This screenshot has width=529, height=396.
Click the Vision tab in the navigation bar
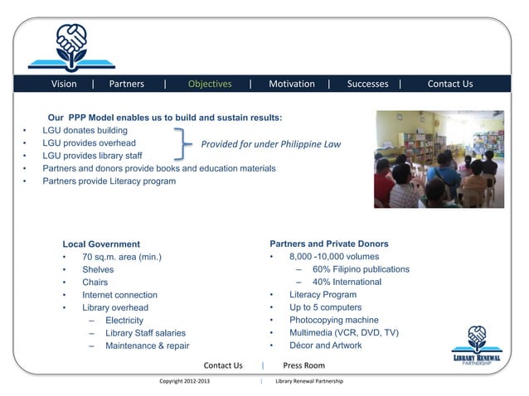click(x=64, y=84)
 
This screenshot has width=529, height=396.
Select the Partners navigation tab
click(x=126, y=84)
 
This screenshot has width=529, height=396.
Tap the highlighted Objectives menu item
click(x=210, y=84)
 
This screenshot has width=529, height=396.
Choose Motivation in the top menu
click(x=292, y=84)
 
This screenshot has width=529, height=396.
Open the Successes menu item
click(x=367, y=84)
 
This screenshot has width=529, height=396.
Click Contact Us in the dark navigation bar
click(x=450, y=84)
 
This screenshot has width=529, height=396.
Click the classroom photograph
click(x=439, y=159)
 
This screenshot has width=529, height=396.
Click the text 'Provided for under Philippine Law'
click(x=270, y=144)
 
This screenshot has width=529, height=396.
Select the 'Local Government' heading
click(x=101, y=244)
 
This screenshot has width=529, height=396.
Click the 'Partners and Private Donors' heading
click(x=329, y=244)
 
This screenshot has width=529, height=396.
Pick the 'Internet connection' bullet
click(x=119, y=295)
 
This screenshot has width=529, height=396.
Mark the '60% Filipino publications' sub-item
click(x=361, y=269)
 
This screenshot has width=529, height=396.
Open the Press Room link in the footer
click(x=303, y=365)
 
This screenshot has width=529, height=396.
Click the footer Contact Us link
click(x=223, y=365)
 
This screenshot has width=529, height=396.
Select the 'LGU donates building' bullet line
click(x=85, y=131)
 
